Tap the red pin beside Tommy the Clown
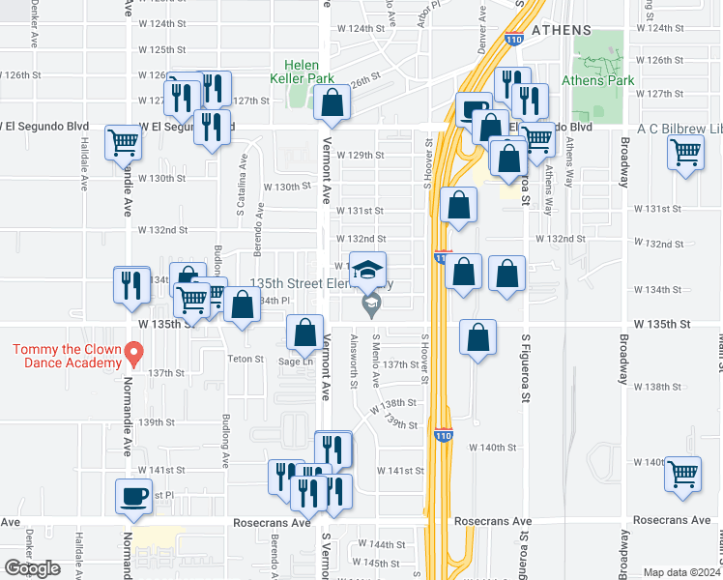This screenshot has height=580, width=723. pos(136,354)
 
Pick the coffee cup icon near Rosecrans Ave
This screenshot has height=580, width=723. pos(133,498)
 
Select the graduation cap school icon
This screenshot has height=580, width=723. pos(367,271)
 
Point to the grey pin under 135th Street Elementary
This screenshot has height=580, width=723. pos(368,306)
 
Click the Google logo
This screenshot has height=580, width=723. pos(32,568)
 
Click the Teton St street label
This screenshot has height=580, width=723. pos(246,359)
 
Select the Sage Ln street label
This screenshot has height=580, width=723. pos(296,362)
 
